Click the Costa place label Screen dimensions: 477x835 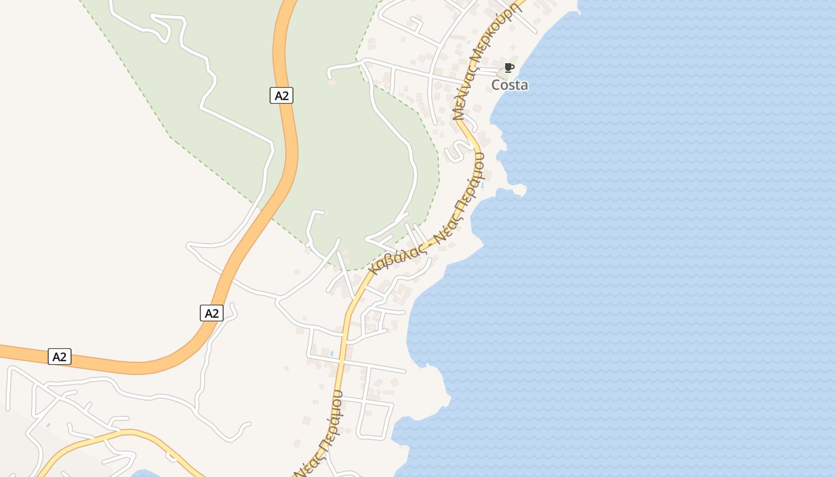pyautogui.click(x=509, y=85)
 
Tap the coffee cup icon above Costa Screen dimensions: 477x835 pyautogui.click(x=509, y=67)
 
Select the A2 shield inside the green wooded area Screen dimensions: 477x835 pyautogui.click(x=282, y=95)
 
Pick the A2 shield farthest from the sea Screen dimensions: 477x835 pyautogui.click(x=60, y=357)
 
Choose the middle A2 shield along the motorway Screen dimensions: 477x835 pyautogui.click(x=212, y=313)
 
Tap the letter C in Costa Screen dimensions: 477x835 pyautogui.click(x=496, y=85)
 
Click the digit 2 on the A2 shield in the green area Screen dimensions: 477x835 pyautogui.click(x=286, y=95)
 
